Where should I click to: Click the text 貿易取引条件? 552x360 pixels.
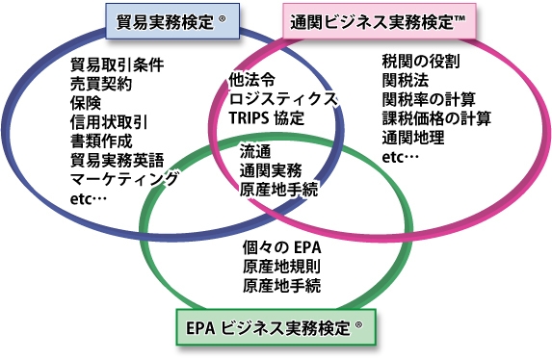pos(117,65)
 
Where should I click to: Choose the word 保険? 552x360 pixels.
pos(86,103)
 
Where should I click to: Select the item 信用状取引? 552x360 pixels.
pos(109,121)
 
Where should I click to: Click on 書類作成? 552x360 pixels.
pos(101,141)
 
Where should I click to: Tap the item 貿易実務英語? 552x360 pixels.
pos(117,160)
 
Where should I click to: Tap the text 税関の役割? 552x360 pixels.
pos(421,62)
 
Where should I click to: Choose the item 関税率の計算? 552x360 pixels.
pos(429,99)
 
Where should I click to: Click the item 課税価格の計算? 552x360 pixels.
pos(436,118)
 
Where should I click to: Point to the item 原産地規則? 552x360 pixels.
pos(282,268)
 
